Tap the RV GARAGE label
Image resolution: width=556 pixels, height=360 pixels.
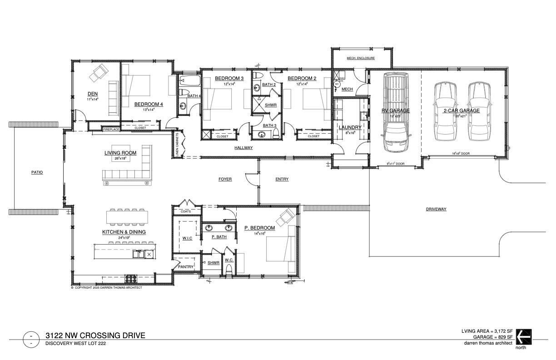(x=395, y=110)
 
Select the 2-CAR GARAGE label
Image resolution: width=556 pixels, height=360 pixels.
(x=462, y=110)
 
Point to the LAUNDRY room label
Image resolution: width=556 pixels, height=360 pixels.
(x=350, y=127)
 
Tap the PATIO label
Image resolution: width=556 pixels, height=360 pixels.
(x=37, y=172)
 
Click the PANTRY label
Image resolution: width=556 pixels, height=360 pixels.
(x=186, y=267)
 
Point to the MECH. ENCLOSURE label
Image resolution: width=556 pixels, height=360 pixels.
(x=360, y=58)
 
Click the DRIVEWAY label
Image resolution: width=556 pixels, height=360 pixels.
(x=436, y=209)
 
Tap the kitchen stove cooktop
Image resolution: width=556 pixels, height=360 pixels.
(x=131, y=276)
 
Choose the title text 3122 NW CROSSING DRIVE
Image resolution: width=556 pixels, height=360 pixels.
(x=95, y=335)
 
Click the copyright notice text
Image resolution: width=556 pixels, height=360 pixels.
(x=107, y=288)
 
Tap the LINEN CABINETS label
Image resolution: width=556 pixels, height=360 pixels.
(x=177, y=145)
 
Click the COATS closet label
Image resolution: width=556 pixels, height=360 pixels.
(x=185, y=211)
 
